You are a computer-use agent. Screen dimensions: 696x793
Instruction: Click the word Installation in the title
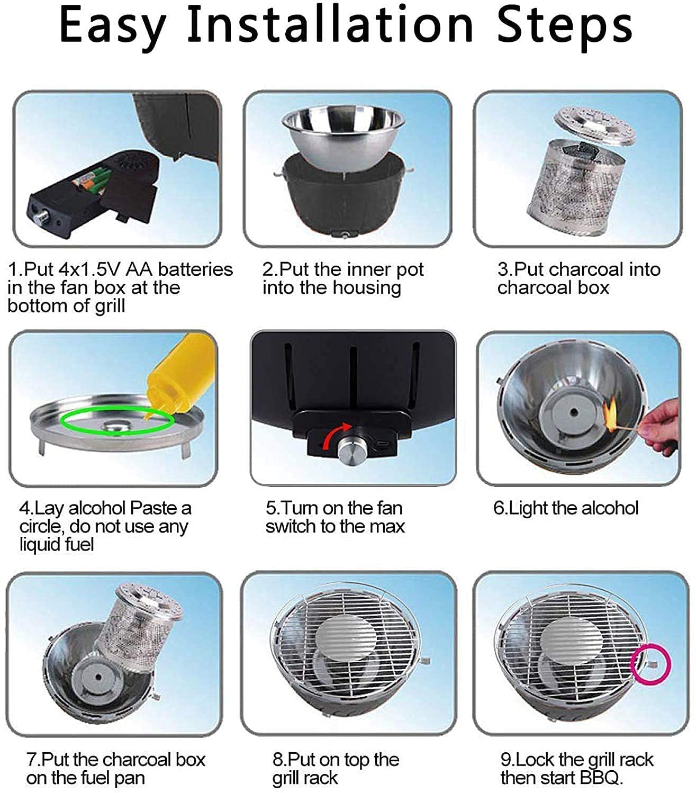click(x=330, y=25)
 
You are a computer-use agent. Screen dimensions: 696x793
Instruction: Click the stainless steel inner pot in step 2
click(x=343, y=138)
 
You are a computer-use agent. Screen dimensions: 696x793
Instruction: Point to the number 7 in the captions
click(x=31, y=759)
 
